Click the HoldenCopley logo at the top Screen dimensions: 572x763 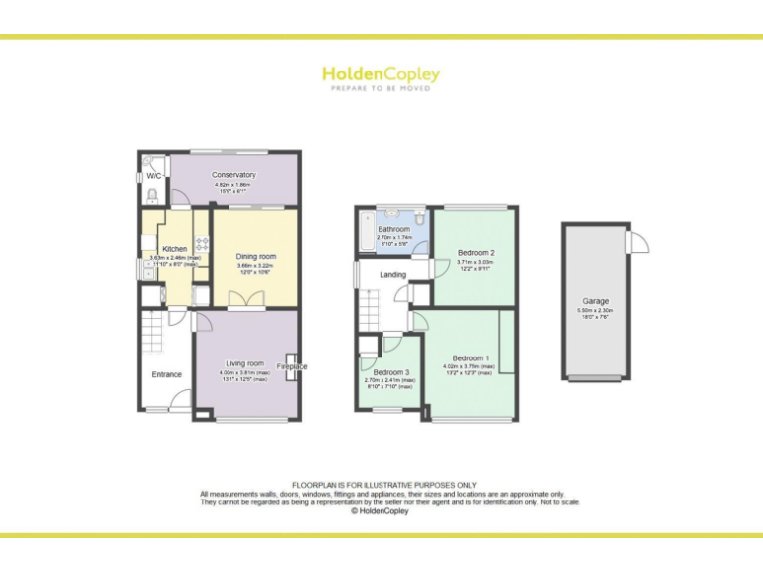click(381, 74)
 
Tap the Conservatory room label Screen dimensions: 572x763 click(233, 175)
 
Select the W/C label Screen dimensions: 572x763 click(154, 176)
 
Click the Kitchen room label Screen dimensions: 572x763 click(175, 249)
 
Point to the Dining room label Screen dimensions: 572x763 click(256, 257)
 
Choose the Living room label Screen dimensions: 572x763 click(244, 363)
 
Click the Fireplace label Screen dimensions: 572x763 click(292, 366)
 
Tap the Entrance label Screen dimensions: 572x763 click(167, 374)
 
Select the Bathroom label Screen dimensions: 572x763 click(393, 229)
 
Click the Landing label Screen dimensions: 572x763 click(392, 275)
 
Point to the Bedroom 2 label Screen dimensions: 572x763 click(476, 253)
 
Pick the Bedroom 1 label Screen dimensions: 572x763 click(471, 357)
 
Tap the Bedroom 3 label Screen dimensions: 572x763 click(390, 372)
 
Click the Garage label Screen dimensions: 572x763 click(596, 301)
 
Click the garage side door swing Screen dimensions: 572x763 click(637, 241)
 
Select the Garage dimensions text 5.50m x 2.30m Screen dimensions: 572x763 click(596, 311)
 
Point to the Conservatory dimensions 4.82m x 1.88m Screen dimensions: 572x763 click(233, 185)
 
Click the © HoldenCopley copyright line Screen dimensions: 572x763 click(381, 511)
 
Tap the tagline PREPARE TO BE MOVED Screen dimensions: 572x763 click(381, 89)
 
